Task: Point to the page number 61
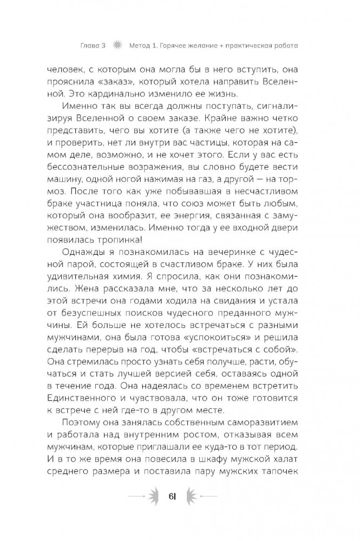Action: click(179, 498)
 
